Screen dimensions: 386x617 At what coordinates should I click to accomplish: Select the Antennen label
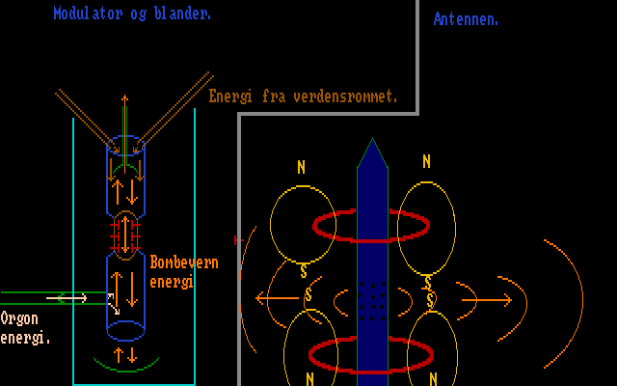(x=466, y=18)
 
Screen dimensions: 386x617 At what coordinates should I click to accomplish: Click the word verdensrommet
(x=347, y=96)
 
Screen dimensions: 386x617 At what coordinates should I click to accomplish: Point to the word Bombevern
(x=184, y=262)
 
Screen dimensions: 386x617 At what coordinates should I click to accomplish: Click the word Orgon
(x=20, y=318)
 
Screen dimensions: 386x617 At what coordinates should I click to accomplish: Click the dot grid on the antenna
(x=371, y=298)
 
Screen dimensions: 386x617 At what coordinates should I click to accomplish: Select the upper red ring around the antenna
(x=371, y=227)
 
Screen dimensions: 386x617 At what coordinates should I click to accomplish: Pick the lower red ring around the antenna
(x=371, y=354)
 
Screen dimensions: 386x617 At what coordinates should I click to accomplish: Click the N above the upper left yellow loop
(x=301, y=167)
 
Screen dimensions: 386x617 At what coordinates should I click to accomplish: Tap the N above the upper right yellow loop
(x=427, y=161)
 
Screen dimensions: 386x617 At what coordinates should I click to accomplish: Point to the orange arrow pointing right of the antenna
(x=487, y=299)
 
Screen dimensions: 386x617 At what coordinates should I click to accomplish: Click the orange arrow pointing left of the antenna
(x=276, y=298)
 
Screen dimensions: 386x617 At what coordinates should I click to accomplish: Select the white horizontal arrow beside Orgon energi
(x=67, y=297)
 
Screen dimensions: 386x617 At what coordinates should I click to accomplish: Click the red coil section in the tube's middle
(x=125, y=232)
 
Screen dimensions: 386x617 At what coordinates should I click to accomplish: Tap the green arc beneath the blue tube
(x=125, y=365)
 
